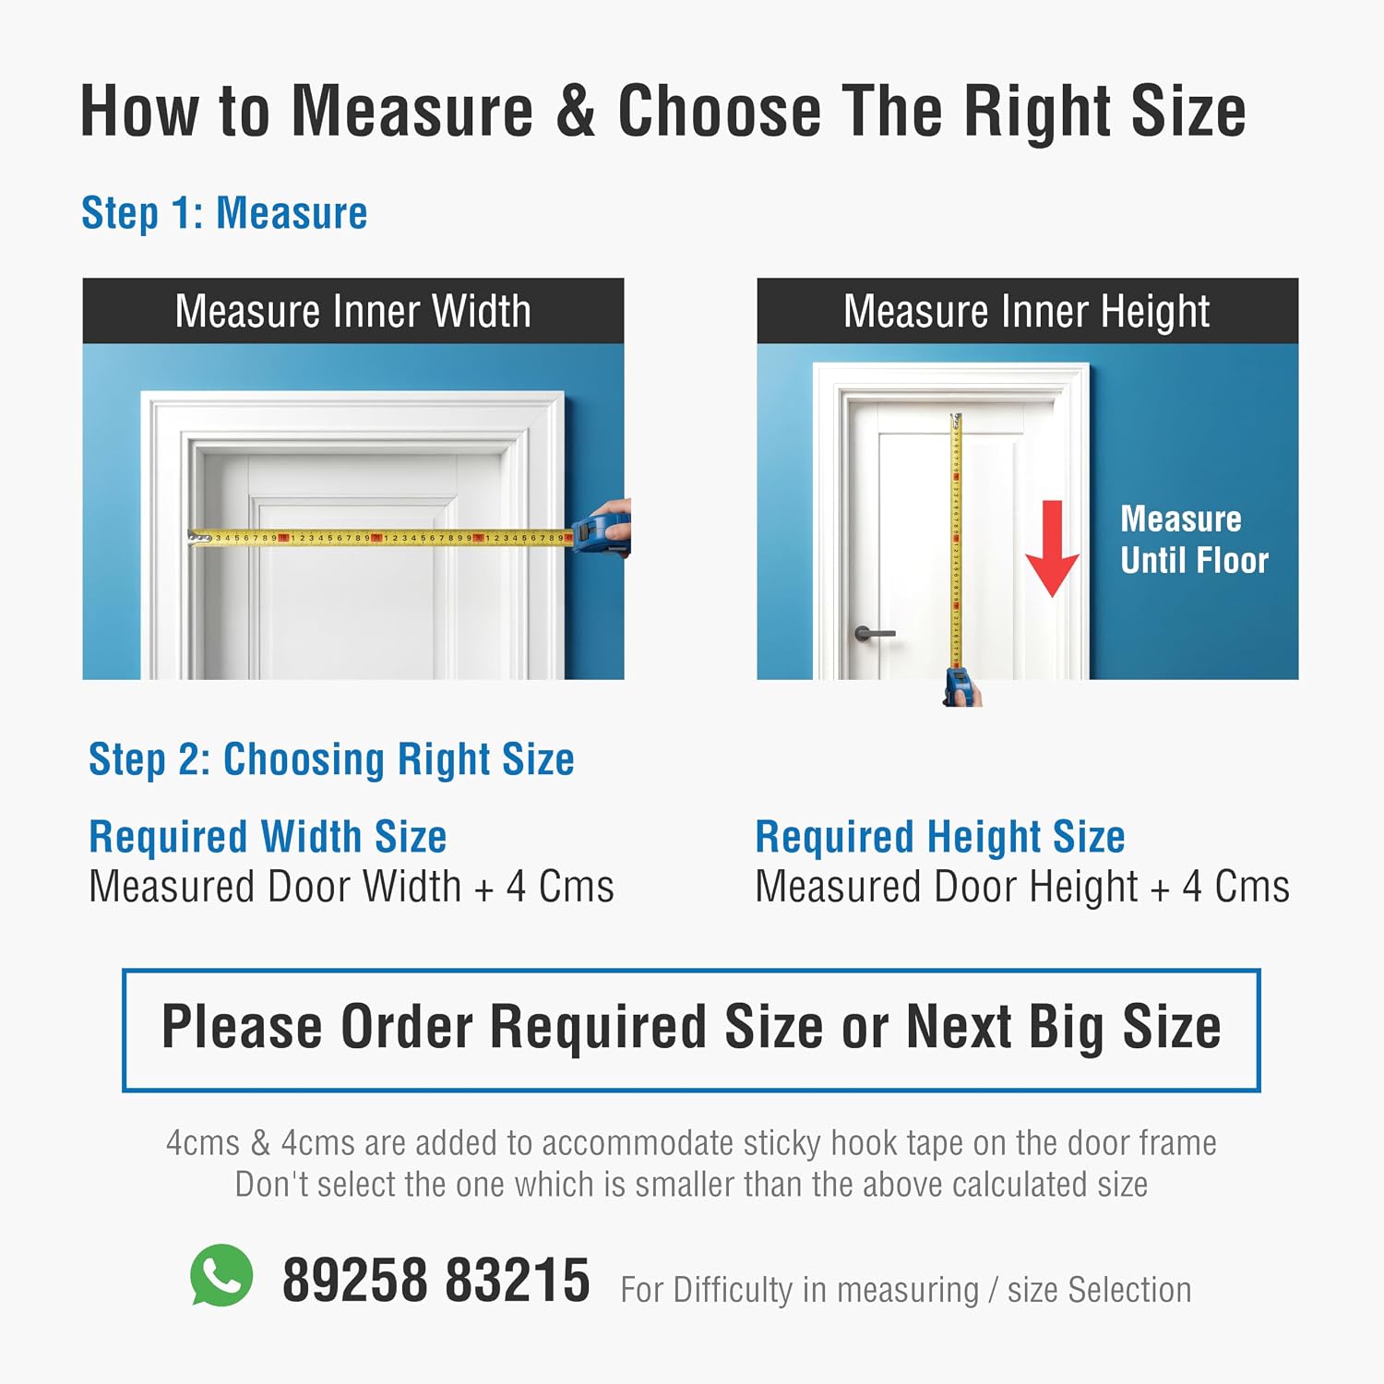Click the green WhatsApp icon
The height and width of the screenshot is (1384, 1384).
click(x=221, y=1275)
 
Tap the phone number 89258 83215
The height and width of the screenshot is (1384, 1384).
click(x=435, y=1281)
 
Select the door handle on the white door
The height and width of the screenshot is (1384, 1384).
click(x=875, y=633)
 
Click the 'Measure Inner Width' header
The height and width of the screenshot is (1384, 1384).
click(x=353, y=311)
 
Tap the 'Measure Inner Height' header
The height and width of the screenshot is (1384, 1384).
click(x=1027, y=312)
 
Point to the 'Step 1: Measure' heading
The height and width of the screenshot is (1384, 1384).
click(x=224, y=213)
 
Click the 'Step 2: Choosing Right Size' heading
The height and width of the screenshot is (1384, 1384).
click(x=331, y=760)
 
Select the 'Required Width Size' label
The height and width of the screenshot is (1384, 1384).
click(x=268, y=837)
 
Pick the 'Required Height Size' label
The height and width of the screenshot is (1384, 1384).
click(x=940, y=838)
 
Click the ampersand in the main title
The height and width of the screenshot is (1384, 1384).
click(x=576, y=112)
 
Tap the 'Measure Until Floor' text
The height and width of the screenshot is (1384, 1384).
click(x=1195, y=540)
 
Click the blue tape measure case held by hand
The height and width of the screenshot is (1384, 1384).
click(x=602, y=533)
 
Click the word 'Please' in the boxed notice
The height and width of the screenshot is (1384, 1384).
click(x=242, y=1028)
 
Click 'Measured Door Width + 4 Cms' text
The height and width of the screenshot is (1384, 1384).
click(x=352, y=887)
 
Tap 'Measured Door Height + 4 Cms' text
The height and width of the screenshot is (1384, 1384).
click(x=1022, y=888)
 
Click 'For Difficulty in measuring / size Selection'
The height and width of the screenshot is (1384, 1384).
click(x=906, y=1290)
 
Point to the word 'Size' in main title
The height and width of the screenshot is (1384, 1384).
click(x=1188, y=112)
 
